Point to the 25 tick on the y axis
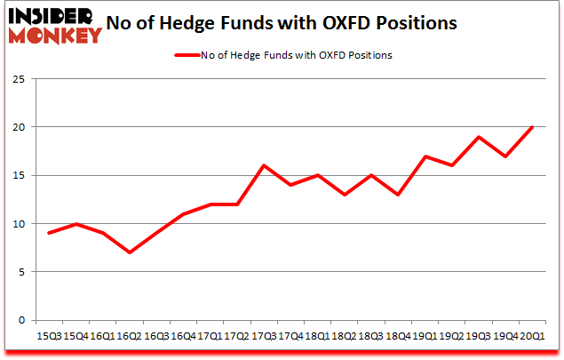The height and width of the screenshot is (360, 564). [19, 79]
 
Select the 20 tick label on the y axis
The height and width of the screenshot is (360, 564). [19, 127]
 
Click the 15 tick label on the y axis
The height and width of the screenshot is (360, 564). [19, 175]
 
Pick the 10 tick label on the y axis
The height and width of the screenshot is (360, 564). [19, 223]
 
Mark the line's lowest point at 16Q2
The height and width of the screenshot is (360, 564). [130, 252]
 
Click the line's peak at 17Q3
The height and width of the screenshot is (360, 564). [264, 165]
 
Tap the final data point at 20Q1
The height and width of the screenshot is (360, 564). [533, 127]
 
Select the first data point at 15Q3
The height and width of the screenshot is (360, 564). [49, 233]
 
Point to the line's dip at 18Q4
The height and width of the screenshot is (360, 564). [399, 195]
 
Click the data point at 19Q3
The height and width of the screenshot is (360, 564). [479, 137]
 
